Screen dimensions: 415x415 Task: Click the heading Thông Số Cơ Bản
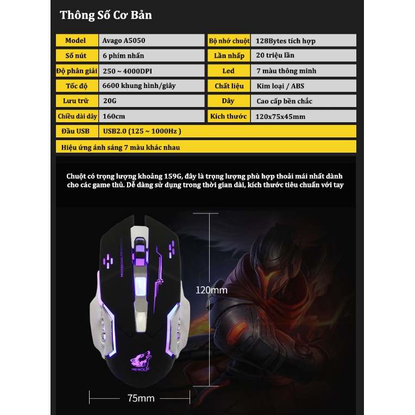pos(106,15)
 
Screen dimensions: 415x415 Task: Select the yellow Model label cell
pos(76,41)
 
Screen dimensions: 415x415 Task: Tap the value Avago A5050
pos(124,41)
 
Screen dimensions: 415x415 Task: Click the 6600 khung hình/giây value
pos(139,86)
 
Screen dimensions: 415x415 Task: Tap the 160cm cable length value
pos(114,116)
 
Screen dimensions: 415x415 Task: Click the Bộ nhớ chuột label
pos(229,41)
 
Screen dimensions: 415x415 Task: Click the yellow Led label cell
pos(229,71)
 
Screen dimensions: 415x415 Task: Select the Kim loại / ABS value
pos(280,86)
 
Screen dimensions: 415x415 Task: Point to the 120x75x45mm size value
pos(281,116)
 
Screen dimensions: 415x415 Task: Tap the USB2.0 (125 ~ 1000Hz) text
pos(141,131)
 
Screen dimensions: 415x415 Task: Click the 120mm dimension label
pos(211,290)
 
